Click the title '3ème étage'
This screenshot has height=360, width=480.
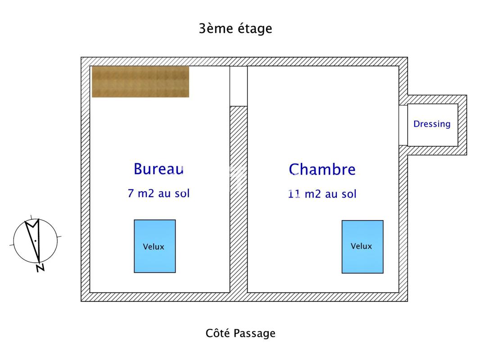pos(235,29)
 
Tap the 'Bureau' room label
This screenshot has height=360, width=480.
pos(158,169)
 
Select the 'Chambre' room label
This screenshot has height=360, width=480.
pos(322,170)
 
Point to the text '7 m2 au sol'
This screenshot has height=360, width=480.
pos(158,193)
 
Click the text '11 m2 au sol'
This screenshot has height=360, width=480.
pos(322,194)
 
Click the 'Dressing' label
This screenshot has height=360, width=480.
pos(432,124)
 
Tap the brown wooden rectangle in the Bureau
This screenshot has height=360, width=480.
pos(140,81)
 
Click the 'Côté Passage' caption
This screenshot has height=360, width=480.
pos(240,333)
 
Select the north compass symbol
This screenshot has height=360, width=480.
pos(35,241)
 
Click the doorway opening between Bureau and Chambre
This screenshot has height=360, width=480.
pos(239,86)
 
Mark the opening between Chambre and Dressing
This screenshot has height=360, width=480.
pos(403,125)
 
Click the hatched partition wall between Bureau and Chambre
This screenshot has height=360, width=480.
pos(239,198)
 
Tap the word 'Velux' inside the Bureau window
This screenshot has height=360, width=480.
pos(154,247)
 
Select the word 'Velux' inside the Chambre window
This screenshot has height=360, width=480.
pos(362,246)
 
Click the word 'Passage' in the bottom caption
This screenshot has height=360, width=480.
pos(254,333)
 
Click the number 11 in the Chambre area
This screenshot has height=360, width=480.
pos(294,194)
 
